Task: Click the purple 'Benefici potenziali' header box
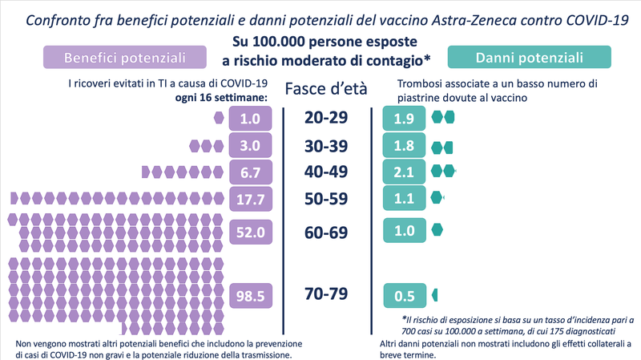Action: [124, 58]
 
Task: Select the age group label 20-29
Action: [325, 118]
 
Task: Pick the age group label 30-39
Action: [325, 146]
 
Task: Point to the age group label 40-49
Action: [325, 172]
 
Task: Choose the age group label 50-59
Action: [325, 198]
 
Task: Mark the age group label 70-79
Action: [325, 294]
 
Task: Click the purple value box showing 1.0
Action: [252, 119]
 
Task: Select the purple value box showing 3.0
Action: [252, 146]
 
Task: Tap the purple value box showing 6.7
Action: [252, 172]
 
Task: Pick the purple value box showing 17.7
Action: [252, 198]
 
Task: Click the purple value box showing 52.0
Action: [252, 231]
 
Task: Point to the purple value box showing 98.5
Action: [252, 295]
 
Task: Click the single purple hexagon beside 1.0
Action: [220, 119]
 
